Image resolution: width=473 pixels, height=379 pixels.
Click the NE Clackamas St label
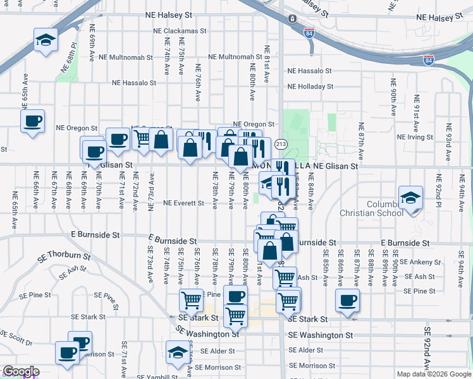coord(180,30)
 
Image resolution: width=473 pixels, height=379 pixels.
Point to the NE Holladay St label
coord(310,87)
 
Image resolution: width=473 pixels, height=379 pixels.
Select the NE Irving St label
coord(418,136)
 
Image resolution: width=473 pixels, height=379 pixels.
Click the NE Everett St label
coord(183,203)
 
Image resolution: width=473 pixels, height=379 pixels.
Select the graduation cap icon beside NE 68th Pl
coord(46,40)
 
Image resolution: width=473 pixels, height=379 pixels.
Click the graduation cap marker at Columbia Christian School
coord(411,197)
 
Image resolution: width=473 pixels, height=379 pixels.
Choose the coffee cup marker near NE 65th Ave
coord(32,121)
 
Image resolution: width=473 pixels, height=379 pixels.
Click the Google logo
coord(20,372)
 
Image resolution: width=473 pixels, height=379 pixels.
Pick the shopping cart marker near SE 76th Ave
coord(191,301)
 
